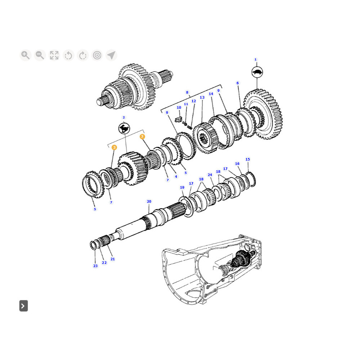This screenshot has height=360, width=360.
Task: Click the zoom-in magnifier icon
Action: point(25,55)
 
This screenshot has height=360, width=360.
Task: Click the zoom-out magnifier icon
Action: point(40,55)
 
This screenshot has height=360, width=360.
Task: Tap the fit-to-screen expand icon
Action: point(54,55)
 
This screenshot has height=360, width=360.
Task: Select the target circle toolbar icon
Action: point(97,55)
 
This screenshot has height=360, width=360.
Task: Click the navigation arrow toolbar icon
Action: point(111,55)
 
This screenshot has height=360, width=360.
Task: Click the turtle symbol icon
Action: point(257,72)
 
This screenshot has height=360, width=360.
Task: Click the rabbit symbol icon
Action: point(124,128)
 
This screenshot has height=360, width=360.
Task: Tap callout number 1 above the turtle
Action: point(256,60)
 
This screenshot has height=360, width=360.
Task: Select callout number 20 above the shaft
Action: point(149,202)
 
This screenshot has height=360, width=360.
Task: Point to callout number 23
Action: point(95,266)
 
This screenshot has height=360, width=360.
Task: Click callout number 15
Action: point(248,159)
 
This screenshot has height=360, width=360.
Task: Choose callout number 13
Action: point(202,98)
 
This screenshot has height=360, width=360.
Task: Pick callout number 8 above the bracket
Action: point(187,93)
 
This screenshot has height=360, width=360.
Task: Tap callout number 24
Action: point(210,175)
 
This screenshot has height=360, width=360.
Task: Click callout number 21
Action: point(113,259)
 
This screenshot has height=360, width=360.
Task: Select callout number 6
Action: point(238,83)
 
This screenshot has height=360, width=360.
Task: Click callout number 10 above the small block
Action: point(179,108)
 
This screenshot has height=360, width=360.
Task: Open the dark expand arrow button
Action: point(23,306)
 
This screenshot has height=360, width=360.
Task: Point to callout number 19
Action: point(182,188)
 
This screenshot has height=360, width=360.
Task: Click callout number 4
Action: point(176,176)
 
